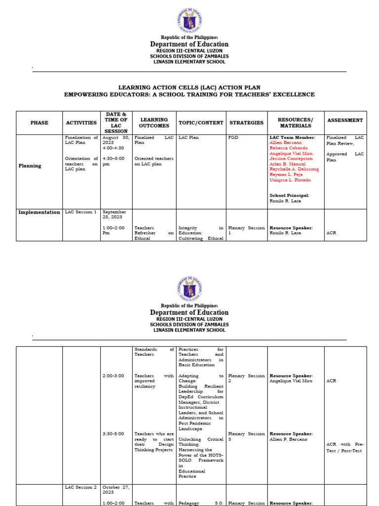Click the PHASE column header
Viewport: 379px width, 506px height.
(x=39, y=123)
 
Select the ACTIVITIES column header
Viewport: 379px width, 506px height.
(x=81, y=123)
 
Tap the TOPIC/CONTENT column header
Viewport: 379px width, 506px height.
(x=201, y=123)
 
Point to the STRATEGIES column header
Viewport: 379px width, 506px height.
(x=247, y=123)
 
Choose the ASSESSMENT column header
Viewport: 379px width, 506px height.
(x=345, y=120)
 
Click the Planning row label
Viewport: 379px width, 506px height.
(x=30, y=166)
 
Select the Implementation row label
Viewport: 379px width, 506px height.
(x=39, y=212)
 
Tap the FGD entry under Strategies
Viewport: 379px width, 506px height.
(x=233, y=138)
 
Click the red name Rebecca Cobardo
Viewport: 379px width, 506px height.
(x=289, y=148)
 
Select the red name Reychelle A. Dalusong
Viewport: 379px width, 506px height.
(x=294, y=169)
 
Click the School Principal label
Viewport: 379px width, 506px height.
(x=289, y=196)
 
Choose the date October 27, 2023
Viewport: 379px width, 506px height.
(x=115, y=490)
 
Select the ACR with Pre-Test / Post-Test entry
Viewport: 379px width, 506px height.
(x=345, y=447)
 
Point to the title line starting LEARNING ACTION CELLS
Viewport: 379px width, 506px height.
(x=189, y=87)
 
